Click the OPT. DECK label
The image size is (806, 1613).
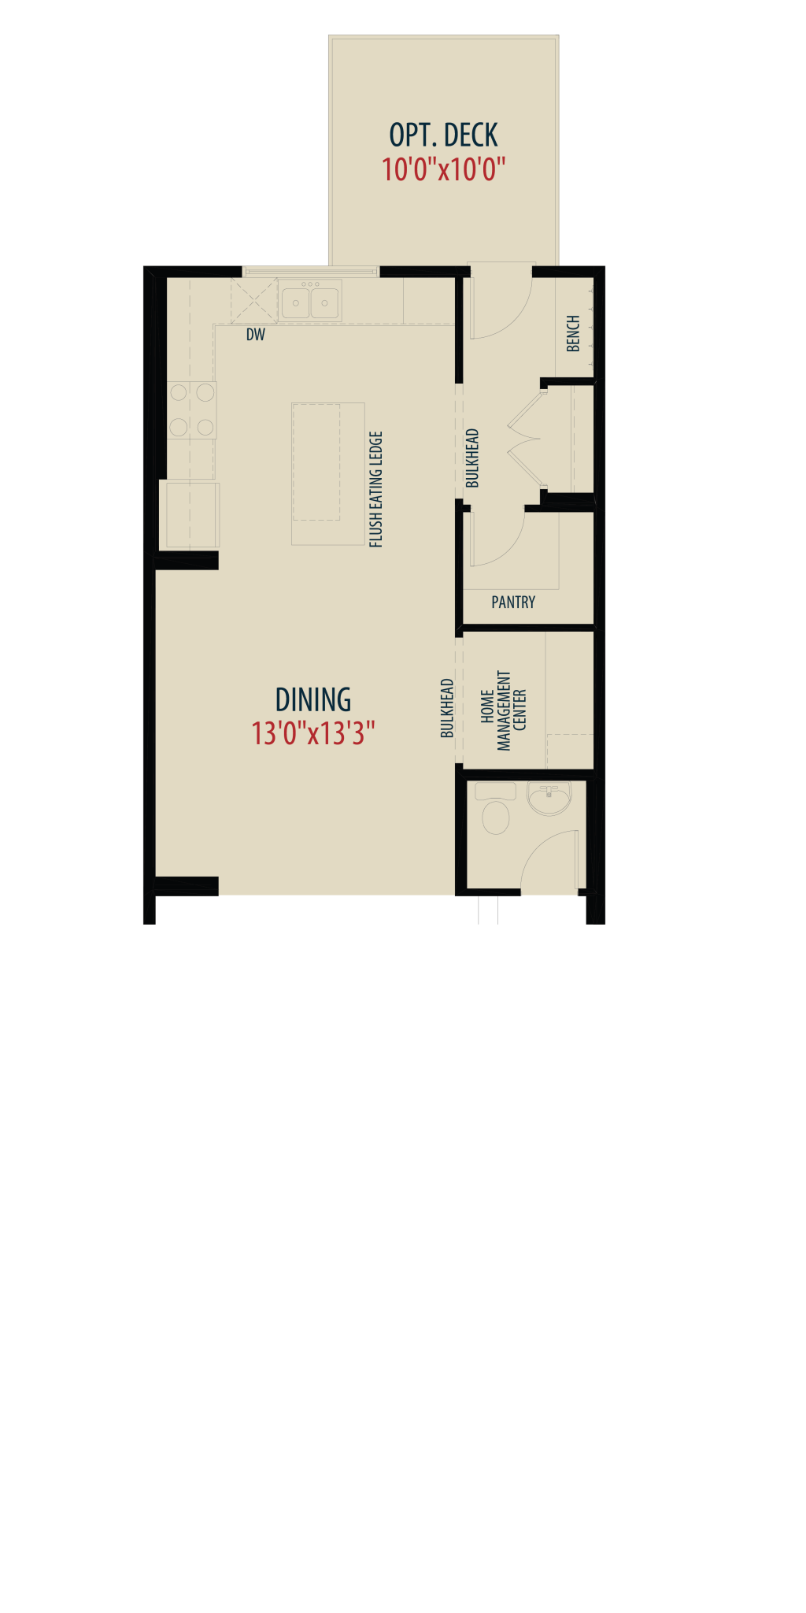click(443, 135)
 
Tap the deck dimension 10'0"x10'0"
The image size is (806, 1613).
click(443, 169)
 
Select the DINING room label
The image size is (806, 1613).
click(313, 699)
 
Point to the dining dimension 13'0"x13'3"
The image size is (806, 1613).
click(313, 733)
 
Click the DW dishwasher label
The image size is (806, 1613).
click(256, 335)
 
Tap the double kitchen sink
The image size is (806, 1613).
click(310, 300)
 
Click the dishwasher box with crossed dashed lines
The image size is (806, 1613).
click(253, 300)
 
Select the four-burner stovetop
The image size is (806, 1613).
click(191, 410)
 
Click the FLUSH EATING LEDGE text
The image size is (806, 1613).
click(375, 489)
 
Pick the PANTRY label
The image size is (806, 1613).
click(513, 603)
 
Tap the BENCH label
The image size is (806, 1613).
click(573, 334)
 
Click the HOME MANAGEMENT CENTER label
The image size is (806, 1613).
click(504, 710)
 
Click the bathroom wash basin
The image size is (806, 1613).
click(549, 799)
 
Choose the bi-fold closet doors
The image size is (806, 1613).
click(526, 438)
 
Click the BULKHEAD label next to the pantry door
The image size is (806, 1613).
click(472, 458)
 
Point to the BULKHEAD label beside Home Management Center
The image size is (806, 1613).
click(447, 708)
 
